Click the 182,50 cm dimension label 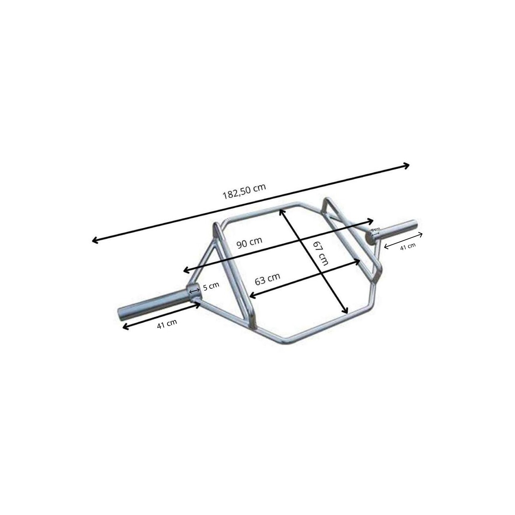point(244,191)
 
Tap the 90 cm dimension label point(249,242)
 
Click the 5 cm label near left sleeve point(211,286)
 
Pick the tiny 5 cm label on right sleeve point(376,229)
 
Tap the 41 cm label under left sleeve point(167,324)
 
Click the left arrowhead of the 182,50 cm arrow point(94,240)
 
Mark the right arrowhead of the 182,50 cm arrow point(407,166)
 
